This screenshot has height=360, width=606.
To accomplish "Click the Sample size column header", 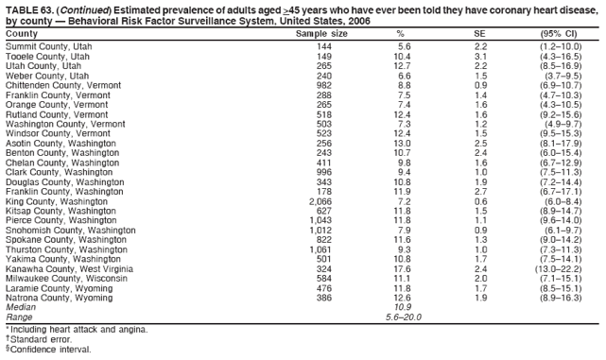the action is tap(321, 34).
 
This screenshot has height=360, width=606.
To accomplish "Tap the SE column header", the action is tap(479, 34).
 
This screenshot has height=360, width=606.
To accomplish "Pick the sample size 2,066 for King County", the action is tap(320, 201).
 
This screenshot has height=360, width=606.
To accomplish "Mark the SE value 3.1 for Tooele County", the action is tap(479, 56).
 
